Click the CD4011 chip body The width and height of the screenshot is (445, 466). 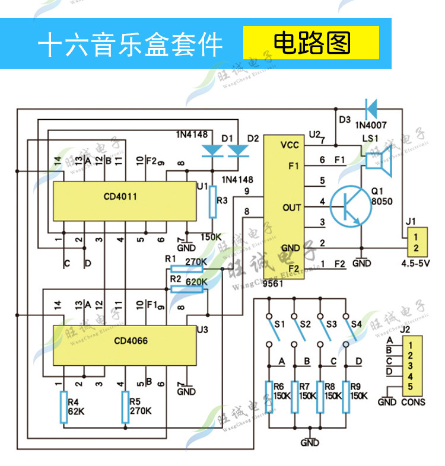125,201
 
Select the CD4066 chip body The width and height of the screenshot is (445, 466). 125,345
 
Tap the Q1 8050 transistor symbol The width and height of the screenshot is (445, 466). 351,206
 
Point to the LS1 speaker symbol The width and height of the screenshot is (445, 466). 378,161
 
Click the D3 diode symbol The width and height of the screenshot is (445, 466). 371,109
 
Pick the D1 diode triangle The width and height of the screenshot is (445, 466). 212,151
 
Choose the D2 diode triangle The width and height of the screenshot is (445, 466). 238,151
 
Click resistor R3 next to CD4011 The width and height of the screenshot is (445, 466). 212,202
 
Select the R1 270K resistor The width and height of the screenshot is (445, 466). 187,269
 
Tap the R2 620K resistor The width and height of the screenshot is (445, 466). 187,289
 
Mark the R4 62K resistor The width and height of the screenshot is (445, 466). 63,407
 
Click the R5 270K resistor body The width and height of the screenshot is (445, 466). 125,407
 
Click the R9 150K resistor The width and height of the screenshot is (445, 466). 346,397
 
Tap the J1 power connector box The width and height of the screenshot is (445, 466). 417,242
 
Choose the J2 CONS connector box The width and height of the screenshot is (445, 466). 412,366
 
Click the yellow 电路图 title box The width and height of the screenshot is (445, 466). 311,43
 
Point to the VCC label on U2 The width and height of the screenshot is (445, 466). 290,145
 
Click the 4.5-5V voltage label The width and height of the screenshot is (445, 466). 415,263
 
